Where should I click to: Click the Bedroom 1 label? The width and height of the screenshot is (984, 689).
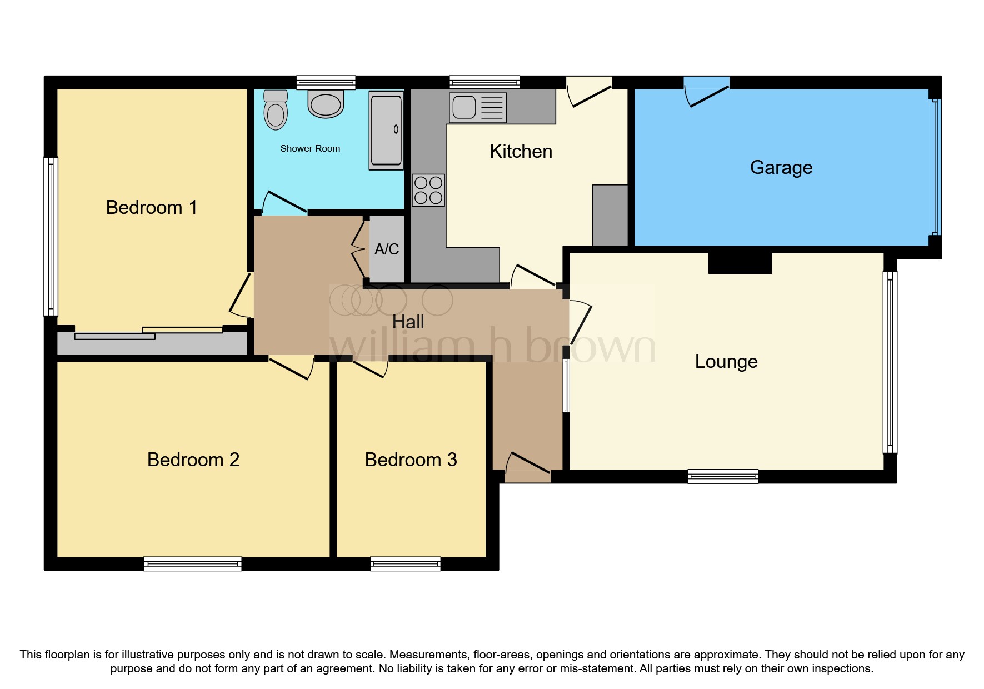coord(152,208)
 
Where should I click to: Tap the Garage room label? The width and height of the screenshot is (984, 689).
coord(781,167)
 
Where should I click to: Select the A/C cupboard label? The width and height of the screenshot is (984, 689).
coord(387,249)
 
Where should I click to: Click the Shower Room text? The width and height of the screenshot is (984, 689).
coord(310,148)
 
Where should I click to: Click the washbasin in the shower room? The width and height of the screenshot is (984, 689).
coord(326,104)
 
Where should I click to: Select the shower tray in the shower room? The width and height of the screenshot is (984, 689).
coord(386,131)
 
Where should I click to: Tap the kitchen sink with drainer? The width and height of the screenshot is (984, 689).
coord(478,107)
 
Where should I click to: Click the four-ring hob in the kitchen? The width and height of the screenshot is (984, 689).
coord(428,190)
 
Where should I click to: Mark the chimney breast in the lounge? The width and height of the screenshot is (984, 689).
coord(740,263)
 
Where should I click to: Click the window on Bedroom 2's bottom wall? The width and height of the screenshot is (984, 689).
coord(193,564)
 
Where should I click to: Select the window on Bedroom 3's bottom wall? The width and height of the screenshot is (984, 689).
coord(406,564)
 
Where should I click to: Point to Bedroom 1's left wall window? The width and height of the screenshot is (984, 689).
coord(51,237)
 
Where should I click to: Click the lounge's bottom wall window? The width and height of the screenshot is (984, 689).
coord(723,476)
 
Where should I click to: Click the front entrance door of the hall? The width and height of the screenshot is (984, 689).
coord(527,468)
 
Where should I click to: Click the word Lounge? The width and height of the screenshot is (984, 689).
coord(726,362)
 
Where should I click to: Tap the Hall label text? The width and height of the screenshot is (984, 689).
coord(408,322)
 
